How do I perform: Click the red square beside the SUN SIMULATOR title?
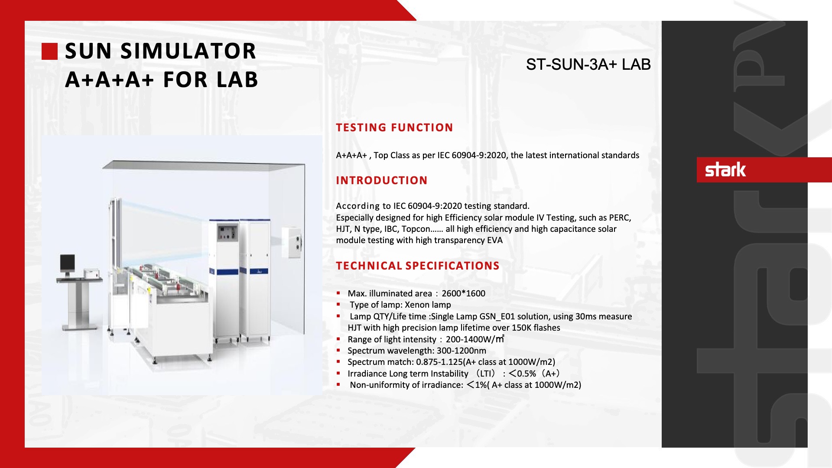point(49,51)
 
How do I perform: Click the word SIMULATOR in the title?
point(188,51)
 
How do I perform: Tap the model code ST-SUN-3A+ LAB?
point(588,65)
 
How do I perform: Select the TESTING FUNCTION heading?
point(394,127)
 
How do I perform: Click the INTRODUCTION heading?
point(382,180)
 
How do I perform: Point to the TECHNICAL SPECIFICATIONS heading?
point(418,266)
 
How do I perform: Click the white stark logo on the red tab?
point(725,169)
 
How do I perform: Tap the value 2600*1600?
point(463,293)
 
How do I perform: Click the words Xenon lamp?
point(428,305)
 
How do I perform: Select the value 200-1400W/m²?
point(475,339)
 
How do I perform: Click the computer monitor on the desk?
point(67,263)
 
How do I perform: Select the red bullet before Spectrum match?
point(338,362)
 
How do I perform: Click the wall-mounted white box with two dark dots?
point(292,243)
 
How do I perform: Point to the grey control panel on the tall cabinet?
point(227,233)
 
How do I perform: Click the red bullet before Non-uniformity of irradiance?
point(338,385)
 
